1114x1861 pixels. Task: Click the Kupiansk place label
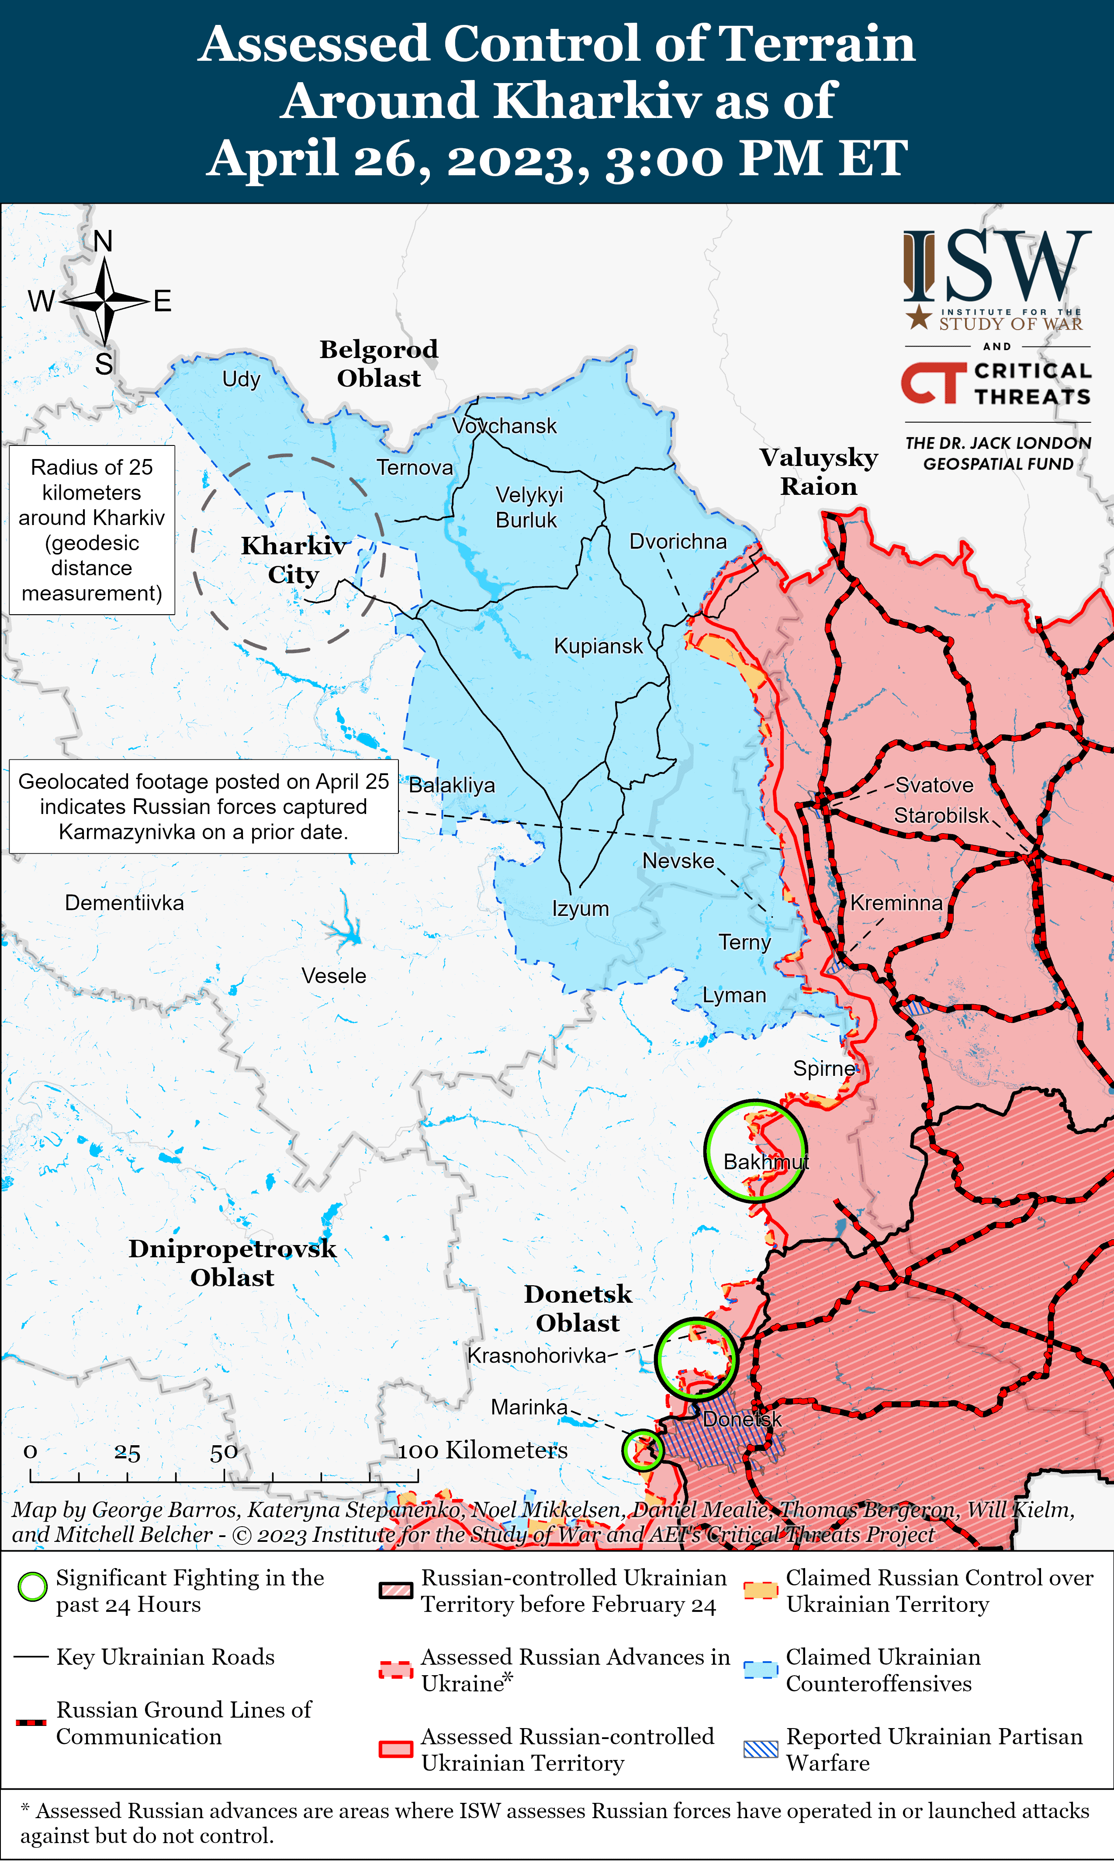tap(599, 646)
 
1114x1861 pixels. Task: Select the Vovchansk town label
tap(505, 426)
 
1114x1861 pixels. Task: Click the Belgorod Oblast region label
tap(379, 363)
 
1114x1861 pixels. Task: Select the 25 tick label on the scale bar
tap(127, 1452)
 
